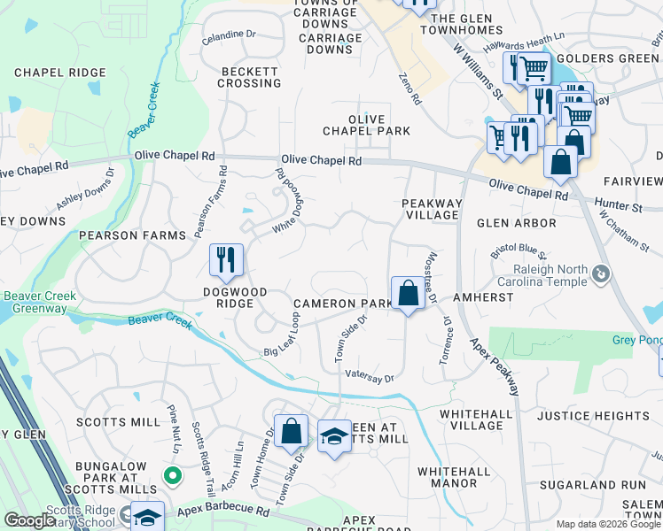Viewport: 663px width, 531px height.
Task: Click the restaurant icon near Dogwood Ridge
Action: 226,258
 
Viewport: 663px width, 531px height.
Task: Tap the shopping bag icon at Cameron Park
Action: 407,292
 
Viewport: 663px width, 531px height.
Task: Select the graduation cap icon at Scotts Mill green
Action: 334,436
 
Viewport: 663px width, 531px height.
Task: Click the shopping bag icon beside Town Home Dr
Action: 291,431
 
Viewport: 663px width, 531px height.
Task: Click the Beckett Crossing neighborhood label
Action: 251,77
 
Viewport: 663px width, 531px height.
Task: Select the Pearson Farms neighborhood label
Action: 133,235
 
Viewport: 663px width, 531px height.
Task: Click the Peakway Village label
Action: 433,209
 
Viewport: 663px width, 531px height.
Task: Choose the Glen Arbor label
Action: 517,223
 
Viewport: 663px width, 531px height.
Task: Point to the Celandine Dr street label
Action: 229,35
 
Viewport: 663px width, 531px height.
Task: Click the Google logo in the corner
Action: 29,520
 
